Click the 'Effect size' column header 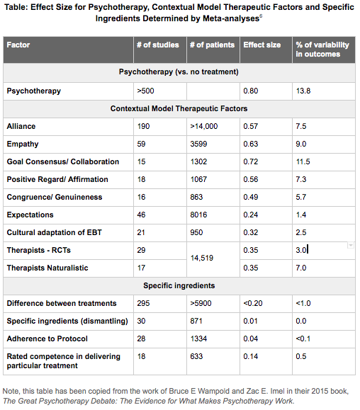click(262, 45)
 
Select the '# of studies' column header click(158, 45)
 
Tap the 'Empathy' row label click(23, 144)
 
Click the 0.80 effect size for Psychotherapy click(251, 91)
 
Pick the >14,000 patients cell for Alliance click(204, 126)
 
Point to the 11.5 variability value click(303, 161)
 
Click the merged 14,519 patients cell click(202, 258)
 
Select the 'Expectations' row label click(30, 215)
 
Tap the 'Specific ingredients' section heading click(179, 285)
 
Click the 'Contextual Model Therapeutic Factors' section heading click(179, 108)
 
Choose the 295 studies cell click(143, 303)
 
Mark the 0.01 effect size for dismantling click(250, 321)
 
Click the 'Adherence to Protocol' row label click(47, 338)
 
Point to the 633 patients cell click(196, 356)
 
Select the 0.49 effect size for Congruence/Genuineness click(251, 197)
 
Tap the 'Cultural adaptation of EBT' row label click(54, 232)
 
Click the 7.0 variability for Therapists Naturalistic click(301, 268)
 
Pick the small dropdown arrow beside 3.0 click(351, 245)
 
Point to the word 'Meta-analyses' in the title click(231, 18)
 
